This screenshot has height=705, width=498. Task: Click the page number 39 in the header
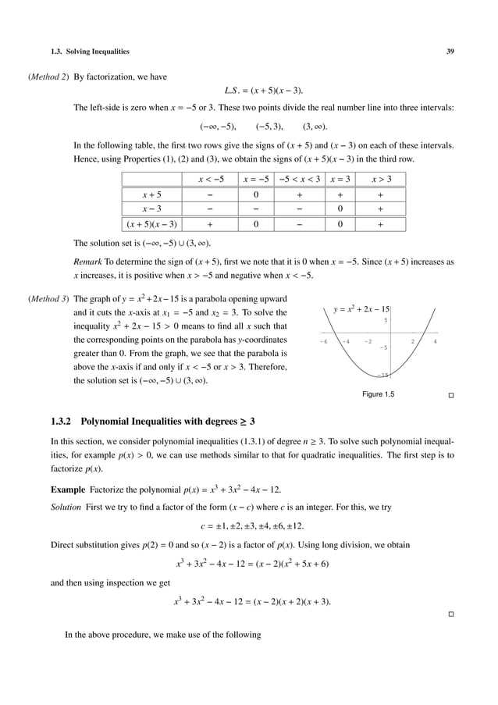[450, 52]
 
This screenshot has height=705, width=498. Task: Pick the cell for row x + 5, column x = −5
[256, 194]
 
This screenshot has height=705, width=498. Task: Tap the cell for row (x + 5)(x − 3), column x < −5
[211, 225]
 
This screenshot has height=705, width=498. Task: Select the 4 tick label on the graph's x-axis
[435, 341]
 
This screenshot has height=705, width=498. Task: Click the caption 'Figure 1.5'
[379, 395]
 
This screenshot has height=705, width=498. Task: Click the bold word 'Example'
[67, 490]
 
